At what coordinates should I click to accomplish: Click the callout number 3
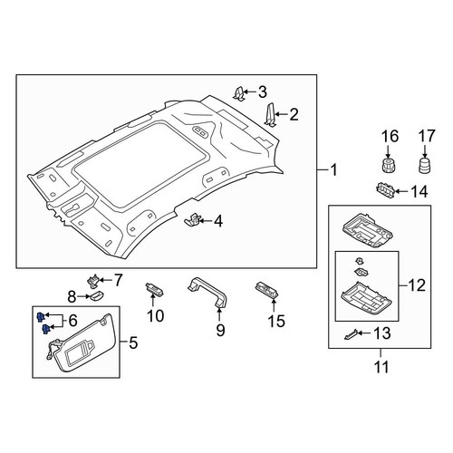263,92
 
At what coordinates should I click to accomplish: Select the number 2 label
294,114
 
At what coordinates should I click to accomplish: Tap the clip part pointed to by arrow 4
192,219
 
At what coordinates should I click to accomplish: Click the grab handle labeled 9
207,293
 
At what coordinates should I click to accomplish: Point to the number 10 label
155,316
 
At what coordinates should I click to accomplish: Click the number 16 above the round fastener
390,136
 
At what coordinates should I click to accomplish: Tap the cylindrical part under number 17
425,165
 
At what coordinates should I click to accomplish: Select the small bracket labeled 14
386,190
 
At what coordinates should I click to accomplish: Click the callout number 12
417,284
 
